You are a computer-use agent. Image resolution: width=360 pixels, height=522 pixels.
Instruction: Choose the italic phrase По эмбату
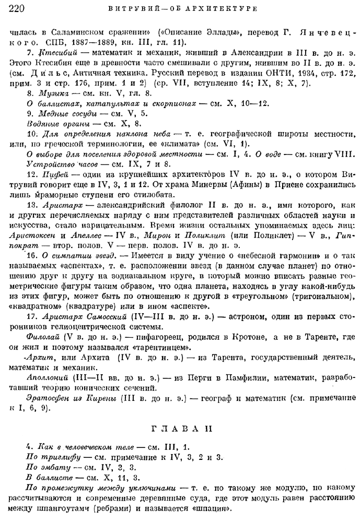(x=46, y=467)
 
